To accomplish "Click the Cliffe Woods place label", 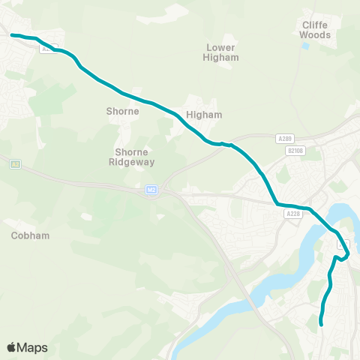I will click(x=314, y=29).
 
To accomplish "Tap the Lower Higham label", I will click(x=222, y=52).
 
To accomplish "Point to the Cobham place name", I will click(x=31, y=235).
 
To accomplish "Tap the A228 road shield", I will click(x=292, y=214).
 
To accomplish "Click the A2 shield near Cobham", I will click(x=14, y=163).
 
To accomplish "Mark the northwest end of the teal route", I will click(x=12, y=34).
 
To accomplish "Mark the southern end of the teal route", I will click(x=322, y=325).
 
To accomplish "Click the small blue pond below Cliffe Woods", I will click(x=306, y=46).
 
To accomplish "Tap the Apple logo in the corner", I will click(x=12, y=347).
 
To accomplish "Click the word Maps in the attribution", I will click(x=32, y=347).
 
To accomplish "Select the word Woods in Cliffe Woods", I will click(x=314, y=34).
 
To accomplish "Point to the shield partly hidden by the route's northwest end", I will click(x=46, y=49).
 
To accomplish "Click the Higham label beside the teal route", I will click(x=205, y=115).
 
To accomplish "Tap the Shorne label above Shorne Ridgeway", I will click(x=123, y=112).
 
